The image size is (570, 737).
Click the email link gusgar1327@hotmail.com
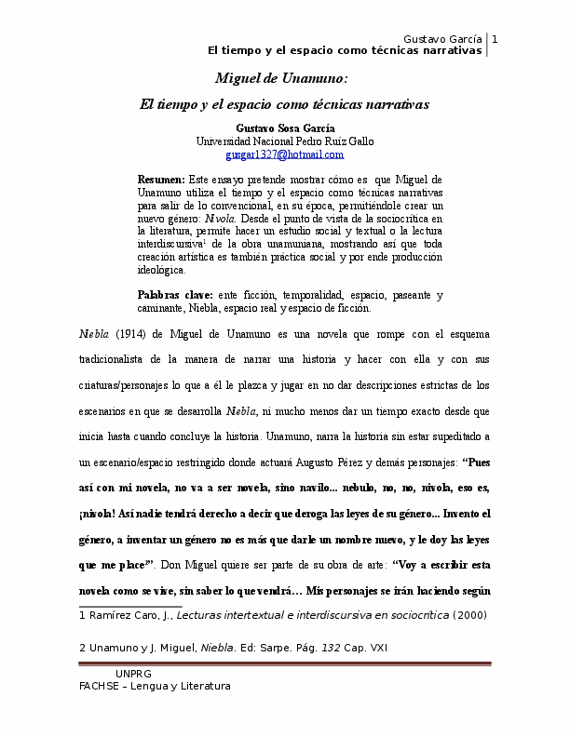click(x=284, y=154)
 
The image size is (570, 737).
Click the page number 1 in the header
click(x=495, y=38)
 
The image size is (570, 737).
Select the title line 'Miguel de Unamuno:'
click(x=281, y=78)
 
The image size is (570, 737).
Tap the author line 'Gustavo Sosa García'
click(x=284, y=127)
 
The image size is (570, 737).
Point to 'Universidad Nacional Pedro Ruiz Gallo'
click(x=284, y=141)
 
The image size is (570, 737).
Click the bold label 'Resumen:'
click(x=161, y=178)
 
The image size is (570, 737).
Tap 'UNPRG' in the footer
click(x=133, y=673)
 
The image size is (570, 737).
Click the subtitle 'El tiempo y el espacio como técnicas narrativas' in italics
click(x=284, y=105)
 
